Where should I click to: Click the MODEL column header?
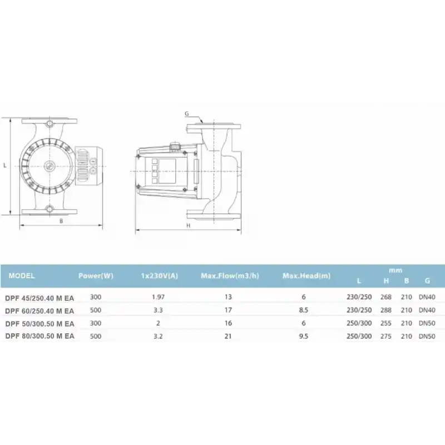(22, 275)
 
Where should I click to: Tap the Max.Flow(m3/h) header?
(229, 275)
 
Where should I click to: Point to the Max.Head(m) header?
(306, 275)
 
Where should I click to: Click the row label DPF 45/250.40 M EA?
(39, 297)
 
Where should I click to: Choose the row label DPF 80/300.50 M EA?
(39, 336)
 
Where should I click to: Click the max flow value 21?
(228, 336)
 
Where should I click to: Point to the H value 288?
(386, 310)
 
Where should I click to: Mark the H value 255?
(386, 323)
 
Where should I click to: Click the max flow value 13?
(228, 297)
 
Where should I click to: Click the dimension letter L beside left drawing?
(4, 165)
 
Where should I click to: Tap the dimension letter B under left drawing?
(61, 221)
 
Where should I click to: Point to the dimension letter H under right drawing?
(188, 225)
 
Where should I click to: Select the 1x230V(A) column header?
(159, 275)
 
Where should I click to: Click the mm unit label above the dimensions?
(395, 270)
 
